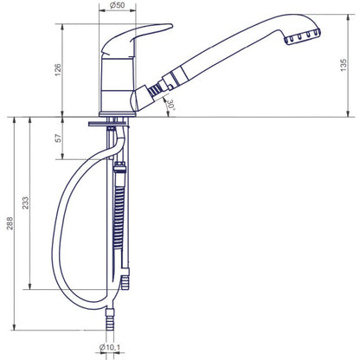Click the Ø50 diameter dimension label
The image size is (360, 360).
(x=117, y=5)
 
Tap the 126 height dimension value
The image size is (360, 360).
(x=58, y=70)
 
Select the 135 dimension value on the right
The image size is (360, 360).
(x=344, y=65)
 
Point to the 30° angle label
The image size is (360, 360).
(x=171, y=105)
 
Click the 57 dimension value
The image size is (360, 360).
(x=58, y=138)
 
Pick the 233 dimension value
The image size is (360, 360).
(x=26, y=202)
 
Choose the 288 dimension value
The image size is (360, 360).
(x=10, y=223)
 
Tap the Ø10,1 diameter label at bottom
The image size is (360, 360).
(x=110, y=347)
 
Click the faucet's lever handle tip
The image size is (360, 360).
(x=170, y=26)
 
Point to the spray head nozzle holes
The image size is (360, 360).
(x=303, y=37)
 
